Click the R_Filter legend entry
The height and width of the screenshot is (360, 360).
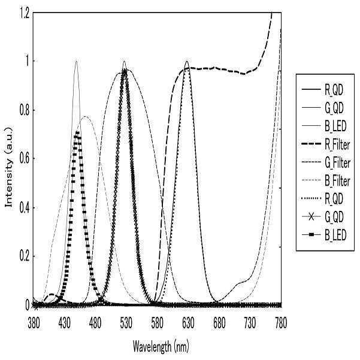326,144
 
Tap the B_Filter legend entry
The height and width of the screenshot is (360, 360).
326,181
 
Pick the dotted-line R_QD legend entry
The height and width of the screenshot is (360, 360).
322,199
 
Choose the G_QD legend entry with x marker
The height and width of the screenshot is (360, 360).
322,217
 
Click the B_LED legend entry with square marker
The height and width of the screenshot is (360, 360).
323,235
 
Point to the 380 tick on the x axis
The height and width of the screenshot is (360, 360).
34,323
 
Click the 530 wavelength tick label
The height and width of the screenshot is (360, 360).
126,323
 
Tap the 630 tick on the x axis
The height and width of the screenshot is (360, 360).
188,323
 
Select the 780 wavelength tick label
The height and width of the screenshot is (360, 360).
281,323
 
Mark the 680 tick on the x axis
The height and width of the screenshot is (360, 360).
219,323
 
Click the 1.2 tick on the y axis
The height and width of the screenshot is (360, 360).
25,13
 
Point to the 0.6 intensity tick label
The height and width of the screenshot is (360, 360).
25,159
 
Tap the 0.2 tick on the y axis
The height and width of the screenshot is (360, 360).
25,256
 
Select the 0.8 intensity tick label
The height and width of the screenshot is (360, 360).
25,110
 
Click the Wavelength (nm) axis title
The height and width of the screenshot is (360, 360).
161,346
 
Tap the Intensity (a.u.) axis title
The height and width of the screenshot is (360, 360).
9,167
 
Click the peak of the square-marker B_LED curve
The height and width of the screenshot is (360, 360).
78,133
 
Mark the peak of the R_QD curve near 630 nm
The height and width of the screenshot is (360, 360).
187,61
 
